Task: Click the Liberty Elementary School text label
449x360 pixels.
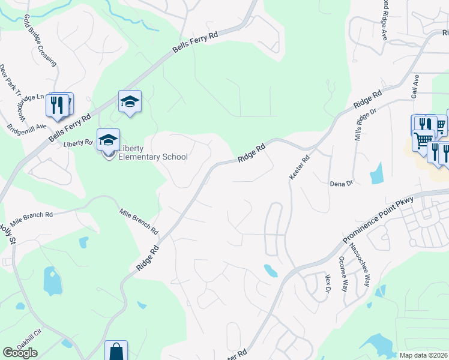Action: pyautogui.click(x=152, y=153)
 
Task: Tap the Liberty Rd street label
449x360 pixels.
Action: pyautogui.click(x=78, y=143)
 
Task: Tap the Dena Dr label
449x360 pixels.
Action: pyautogui.click(x=340, y=184)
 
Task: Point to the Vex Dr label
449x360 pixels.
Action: pyautogui.click(x=328, y=284)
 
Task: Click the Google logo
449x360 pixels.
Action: pyautogui.click(x=20, y=353)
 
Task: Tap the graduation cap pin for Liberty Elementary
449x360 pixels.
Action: pyautogui.click(x=108, y=140)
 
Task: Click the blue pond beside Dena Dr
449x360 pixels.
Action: pyautogui.click(x=377, y=173)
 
